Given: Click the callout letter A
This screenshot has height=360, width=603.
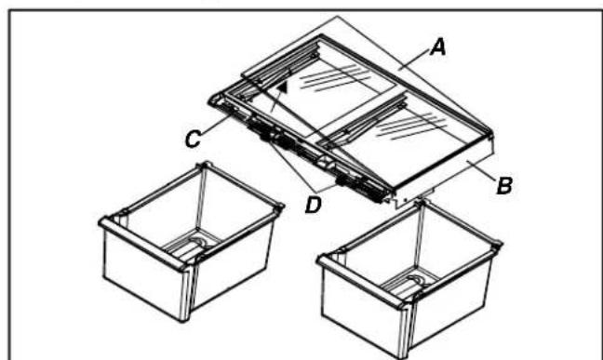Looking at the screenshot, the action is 438,48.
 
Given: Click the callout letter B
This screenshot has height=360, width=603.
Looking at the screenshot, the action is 504,186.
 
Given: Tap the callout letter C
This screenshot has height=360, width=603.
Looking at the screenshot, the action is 193,139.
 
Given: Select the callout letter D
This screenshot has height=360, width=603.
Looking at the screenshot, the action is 313,205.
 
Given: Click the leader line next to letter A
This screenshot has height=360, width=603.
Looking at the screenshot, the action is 415,60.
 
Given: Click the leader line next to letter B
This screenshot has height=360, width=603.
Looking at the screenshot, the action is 481,170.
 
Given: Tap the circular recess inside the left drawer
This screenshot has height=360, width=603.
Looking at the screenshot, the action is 198,242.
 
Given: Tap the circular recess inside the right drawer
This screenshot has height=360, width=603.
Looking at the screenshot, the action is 415,280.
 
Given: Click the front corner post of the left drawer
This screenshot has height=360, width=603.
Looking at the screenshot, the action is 186,291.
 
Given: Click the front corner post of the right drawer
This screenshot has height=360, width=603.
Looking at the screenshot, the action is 406,330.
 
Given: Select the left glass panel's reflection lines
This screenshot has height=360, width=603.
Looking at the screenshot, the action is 335,78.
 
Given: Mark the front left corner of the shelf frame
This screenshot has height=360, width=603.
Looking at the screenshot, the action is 214,100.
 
